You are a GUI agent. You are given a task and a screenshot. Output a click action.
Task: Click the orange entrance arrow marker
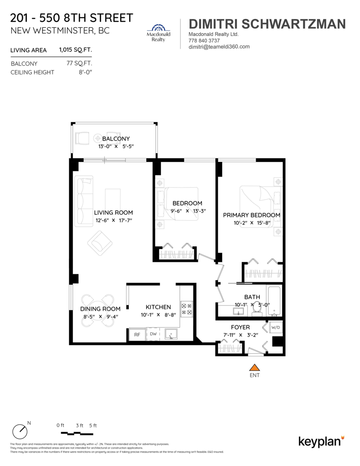(254, 367)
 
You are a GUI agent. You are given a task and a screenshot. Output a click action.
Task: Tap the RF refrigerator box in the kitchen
(137, 335)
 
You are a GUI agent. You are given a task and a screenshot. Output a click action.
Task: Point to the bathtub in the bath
(275, 301)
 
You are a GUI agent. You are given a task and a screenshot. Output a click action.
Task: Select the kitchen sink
(170, 334)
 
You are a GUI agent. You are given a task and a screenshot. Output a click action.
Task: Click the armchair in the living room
(100, 243)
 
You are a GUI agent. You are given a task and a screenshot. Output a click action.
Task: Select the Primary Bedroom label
(251, 215)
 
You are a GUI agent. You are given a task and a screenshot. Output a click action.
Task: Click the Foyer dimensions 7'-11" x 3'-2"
(240, 335)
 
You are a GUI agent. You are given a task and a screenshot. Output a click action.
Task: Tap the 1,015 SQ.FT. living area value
(75, 50)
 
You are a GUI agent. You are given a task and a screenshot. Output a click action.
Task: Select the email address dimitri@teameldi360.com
(219, 47)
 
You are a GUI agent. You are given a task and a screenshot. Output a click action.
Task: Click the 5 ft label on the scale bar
(93, 426)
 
